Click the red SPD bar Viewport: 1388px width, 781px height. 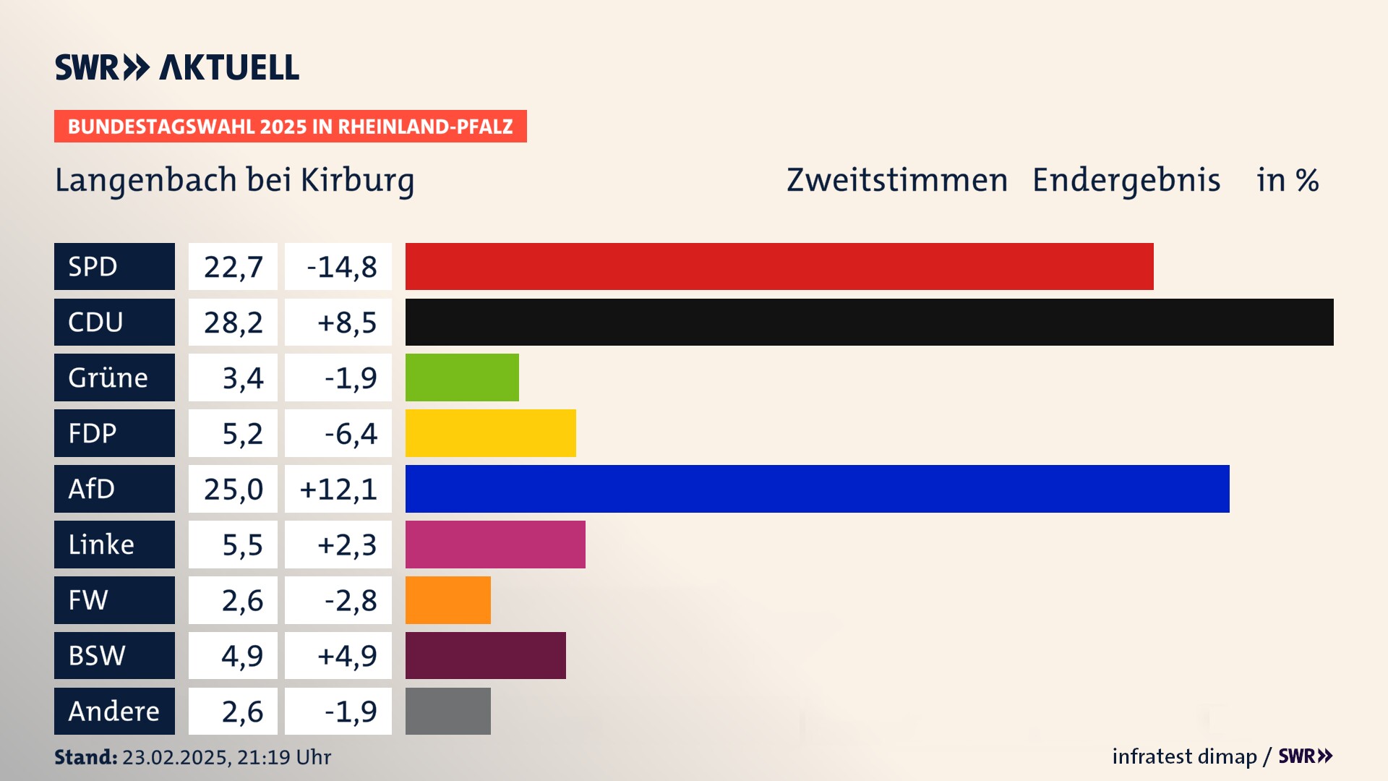(x=779, y=266)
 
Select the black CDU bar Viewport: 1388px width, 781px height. (x=869, y=322)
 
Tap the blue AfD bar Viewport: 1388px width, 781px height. (x=817, y=489)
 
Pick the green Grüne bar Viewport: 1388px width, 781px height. (x=462, y=377)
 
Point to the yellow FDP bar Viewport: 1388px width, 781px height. (x=490, y=433)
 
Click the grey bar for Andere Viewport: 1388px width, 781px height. (x=447, y=711)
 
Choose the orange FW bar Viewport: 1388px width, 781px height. (x=447, y=600)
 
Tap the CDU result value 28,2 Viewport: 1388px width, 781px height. (x=233, y=323)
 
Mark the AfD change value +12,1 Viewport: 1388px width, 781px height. (x=338, y=490)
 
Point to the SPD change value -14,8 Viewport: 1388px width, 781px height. (x=341, y=267)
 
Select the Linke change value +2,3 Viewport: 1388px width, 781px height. (x=346, y=545)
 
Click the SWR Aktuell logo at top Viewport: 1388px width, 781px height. (x=177, y=67)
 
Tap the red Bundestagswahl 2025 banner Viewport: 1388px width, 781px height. (x=290, y=127)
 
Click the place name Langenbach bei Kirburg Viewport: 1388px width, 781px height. (x=234, y=180)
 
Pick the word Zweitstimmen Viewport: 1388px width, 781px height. (x=896, y=180)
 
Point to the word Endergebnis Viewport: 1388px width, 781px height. (x=1126, y=180)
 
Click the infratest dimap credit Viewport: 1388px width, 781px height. (x=1184, y=756)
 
